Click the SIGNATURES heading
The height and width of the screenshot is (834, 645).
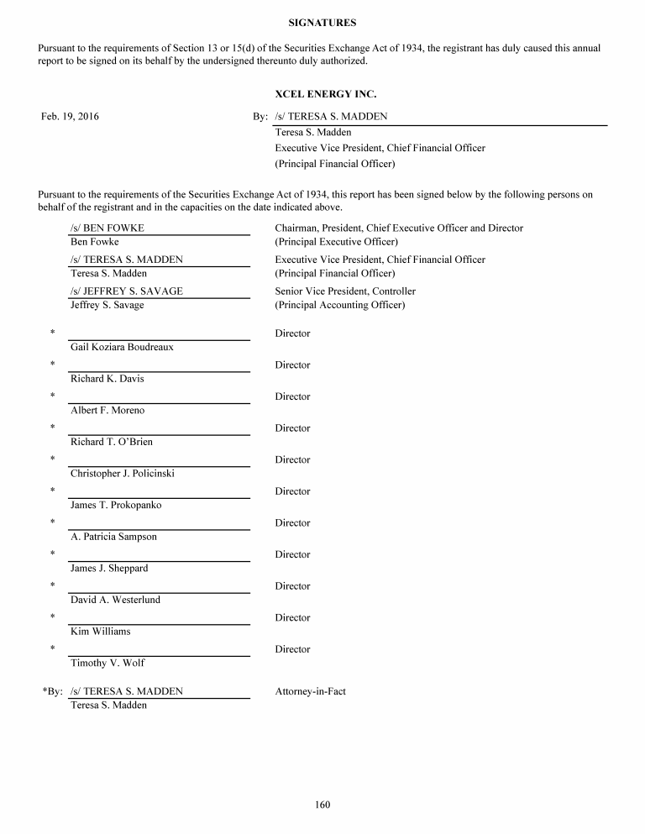pos(322,23)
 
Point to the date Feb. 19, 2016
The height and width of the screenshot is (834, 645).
pos(70,117)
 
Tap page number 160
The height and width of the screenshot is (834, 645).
pos(322,805)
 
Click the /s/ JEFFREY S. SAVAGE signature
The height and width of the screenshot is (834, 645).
pos(127,291)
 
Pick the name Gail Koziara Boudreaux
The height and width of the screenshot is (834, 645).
pos(122,347)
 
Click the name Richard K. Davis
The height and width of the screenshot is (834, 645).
pos(107,379)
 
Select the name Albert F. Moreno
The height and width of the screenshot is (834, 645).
pos(107,411)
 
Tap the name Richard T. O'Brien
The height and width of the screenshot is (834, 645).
pos(112,442)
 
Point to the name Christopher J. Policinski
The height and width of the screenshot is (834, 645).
pos(123,474)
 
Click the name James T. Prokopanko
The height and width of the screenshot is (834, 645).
pos(116,506)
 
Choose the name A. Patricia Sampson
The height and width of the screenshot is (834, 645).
pos(113,537)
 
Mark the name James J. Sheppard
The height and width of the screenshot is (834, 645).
pos(109,569)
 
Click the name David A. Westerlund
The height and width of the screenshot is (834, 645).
pos(115,600)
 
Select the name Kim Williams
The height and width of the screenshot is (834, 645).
pos(101,632)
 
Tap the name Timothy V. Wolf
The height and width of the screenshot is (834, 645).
pos(107,664)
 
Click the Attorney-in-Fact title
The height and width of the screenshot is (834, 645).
pos(311,692)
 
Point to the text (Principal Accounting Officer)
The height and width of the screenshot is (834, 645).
pos(340,305)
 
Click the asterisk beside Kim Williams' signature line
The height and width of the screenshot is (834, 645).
pos(52,618)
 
